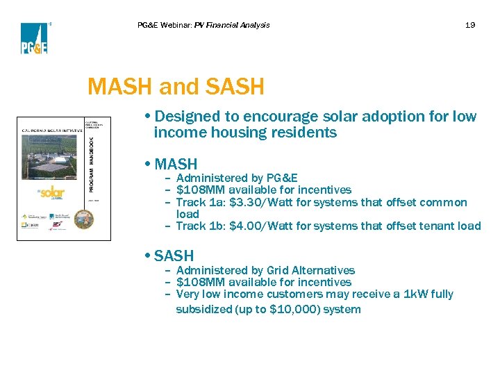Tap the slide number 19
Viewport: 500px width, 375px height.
[470, 25]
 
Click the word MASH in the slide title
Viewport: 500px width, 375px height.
[120, 87]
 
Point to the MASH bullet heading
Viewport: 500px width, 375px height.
[176, 165]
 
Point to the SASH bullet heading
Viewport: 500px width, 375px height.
[174, 256]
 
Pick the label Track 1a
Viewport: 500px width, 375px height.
[199, 203]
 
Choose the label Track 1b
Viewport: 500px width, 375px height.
[199, 226]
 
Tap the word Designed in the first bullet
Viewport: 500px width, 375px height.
[189, 117]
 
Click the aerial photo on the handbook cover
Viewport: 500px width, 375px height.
[51, 156]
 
